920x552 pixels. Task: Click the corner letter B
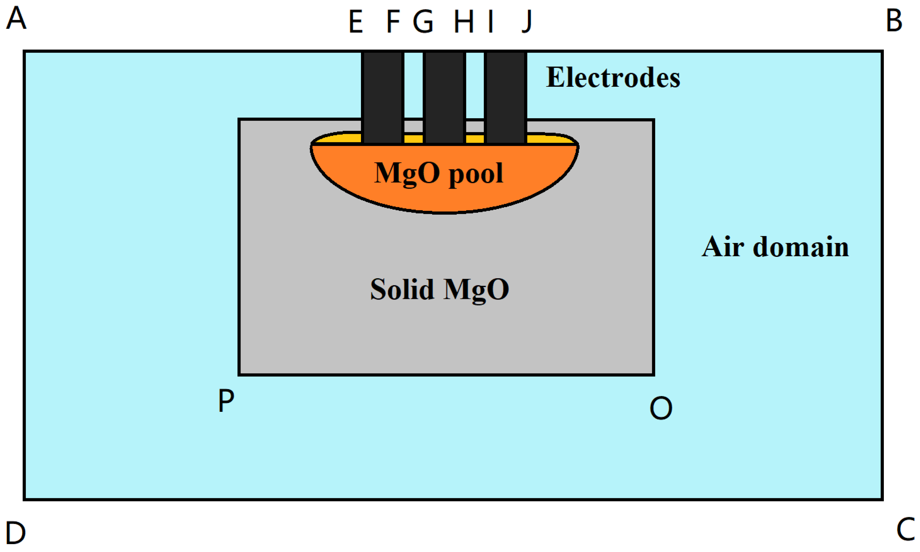point(894,21)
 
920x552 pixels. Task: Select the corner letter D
point(16,533)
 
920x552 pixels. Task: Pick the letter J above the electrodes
point(527,22)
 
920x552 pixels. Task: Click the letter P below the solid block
point(226,400)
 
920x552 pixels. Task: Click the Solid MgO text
point(439,290)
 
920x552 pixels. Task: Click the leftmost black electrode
point(382,97)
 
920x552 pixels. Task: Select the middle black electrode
point(444,97)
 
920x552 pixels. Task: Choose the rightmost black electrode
point(505,97)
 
